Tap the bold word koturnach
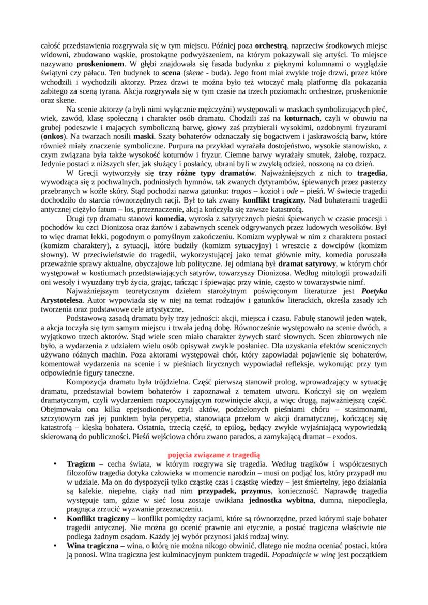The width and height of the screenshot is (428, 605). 302,119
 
